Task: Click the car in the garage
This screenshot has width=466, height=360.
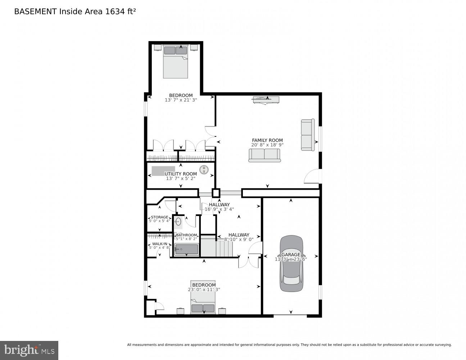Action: pyautogui.click(x=291, y=264)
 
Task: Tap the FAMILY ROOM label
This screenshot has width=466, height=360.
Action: pyautogui.click(x=267, y=140)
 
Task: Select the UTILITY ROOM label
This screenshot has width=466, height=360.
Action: pyautogui.click(x=181, y=174)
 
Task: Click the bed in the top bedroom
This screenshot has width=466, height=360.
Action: pyautogui.click(x=175, y=62)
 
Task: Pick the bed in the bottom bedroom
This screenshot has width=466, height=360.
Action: pyautogui.click(x=203, y=302)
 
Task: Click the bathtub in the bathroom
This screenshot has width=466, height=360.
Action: pyautogui.click(x=186, y=249)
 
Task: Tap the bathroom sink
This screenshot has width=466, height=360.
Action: pyautogui.click(x=178, y=222)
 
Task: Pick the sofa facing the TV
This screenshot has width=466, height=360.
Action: pyautogui.click(x=264, y=155)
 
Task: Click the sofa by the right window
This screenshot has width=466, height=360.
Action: pyautogui.click(x=308, y=135)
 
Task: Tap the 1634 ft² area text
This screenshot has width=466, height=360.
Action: pyautogui.click(x=120, y=11)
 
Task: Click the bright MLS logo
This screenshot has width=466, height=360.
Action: pyautogui.click(x=29, y=350)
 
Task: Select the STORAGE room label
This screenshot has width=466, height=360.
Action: pyautogui.click(x=159, y=217)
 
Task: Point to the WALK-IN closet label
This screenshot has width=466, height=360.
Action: pyautogui.click(x=159, y=244)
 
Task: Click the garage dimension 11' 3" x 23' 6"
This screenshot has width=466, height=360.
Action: pyautogui.click(x=291, y=259)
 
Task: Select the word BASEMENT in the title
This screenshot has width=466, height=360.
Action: pyautogui.click(x=35, y=11)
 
